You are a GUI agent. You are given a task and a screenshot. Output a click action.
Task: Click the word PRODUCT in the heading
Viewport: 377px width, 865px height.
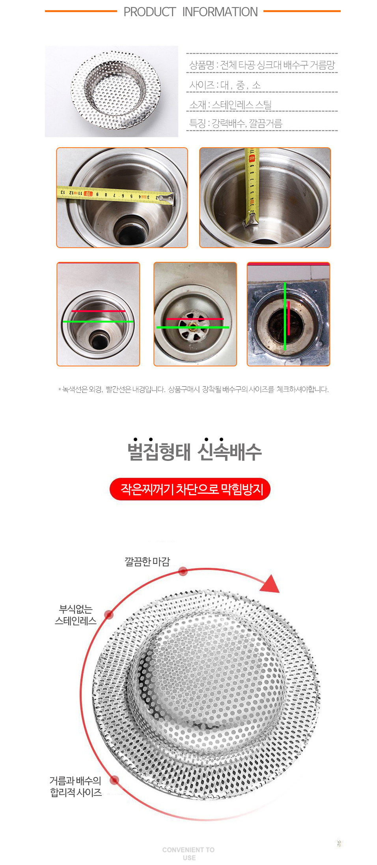click(x=149, y=12)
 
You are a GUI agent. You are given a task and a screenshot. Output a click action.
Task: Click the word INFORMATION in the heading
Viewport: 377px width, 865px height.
click(x=220, y=12)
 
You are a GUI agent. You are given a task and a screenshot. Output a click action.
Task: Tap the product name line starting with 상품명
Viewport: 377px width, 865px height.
click(x=262, y=65)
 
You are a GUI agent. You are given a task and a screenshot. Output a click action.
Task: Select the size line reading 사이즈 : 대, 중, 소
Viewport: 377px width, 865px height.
click(x=225, y=85)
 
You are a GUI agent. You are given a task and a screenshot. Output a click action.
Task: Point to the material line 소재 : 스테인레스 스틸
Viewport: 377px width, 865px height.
click(x=230, y=105)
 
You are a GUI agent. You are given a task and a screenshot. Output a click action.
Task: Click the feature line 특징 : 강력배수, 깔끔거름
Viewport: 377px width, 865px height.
click(x=236, y=124)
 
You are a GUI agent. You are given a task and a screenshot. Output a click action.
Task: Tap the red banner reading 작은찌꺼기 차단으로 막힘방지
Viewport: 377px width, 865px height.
click(x=190, y=489)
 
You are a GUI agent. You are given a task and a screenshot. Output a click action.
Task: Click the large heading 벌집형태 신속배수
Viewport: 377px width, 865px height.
click(x=194, y=451)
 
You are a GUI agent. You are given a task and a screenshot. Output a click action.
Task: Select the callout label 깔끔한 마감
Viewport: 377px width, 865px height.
click(x=147, y=561)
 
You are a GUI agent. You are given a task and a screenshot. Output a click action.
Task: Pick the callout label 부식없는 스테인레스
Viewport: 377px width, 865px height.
click(x=76, y=615)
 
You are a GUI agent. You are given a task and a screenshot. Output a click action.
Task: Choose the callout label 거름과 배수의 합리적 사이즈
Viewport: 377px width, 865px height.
click(x=76, y=786)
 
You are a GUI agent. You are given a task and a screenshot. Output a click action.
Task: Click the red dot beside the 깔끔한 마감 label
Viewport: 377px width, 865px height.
click(x=183, y=571)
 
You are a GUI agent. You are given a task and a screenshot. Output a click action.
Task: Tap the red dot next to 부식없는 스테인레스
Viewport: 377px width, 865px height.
click(x=109, y=614)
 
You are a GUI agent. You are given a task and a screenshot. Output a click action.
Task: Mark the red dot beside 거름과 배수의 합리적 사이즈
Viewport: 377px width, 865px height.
click(x=114, y=780)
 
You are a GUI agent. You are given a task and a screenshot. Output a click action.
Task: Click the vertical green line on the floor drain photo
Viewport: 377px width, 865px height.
click(x=285, y=316)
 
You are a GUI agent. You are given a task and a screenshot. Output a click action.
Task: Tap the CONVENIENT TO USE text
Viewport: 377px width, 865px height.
click(x=188, y=854)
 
